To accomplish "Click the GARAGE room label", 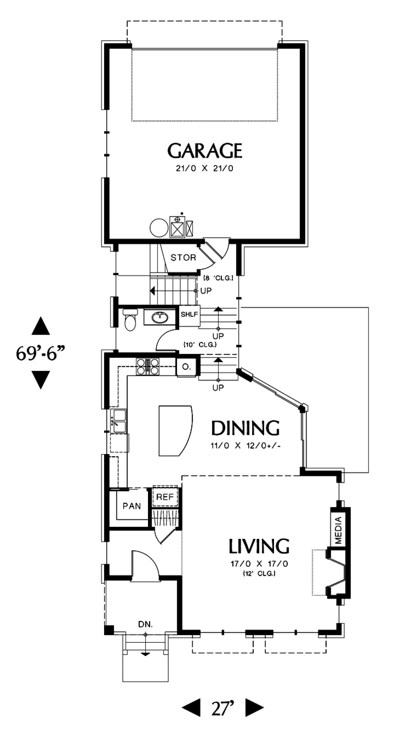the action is (x=205, y=151).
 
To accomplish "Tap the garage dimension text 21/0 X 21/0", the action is (x=205, y=169).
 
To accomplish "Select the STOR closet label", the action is (x=183, y=257).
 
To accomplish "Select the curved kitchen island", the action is (x=176, y=430).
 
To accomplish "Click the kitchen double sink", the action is (x=119, y=421).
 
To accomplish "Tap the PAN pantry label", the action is (x=132, y=506).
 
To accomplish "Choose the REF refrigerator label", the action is (x=165, y=497).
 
